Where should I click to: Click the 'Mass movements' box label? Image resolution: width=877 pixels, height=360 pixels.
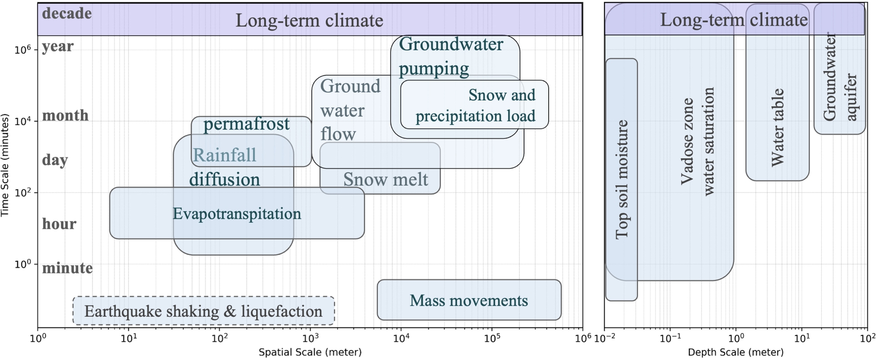click(469, 301)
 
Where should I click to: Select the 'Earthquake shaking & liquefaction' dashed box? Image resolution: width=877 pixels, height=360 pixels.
click(203, 311)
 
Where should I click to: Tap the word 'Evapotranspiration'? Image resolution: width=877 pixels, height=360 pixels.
click(237, 214)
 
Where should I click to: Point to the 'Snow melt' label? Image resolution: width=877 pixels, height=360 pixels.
click(386, 180)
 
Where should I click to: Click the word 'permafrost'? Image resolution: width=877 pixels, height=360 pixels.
click(246, 124)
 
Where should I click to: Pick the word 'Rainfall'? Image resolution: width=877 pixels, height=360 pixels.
click(224, 155)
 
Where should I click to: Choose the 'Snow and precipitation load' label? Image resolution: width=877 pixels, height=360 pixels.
click(475, 106)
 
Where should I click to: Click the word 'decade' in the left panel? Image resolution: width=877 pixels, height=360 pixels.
click(67, 13)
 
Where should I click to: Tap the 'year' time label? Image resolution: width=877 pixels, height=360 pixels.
click(58, 46)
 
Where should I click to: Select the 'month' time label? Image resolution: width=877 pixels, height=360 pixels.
click(65, 115)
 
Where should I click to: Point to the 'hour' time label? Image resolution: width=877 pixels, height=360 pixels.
click(59, 224)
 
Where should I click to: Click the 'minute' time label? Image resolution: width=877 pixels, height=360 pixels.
click(67, 268)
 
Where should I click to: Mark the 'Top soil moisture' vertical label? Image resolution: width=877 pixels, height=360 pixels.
click(622, 180)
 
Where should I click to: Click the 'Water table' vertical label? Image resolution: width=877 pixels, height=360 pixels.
click(777, 127)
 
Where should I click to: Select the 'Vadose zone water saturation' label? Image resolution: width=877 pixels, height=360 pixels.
click(697, 142)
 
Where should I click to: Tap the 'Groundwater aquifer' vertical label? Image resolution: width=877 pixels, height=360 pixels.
click(840, 78)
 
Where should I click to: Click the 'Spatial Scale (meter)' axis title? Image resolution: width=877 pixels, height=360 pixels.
click(310, 352)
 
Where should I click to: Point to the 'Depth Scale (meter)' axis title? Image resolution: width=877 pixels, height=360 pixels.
click(735, 352)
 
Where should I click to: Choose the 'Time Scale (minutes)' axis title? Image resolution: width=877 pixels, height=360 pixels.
click(5, 165)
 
